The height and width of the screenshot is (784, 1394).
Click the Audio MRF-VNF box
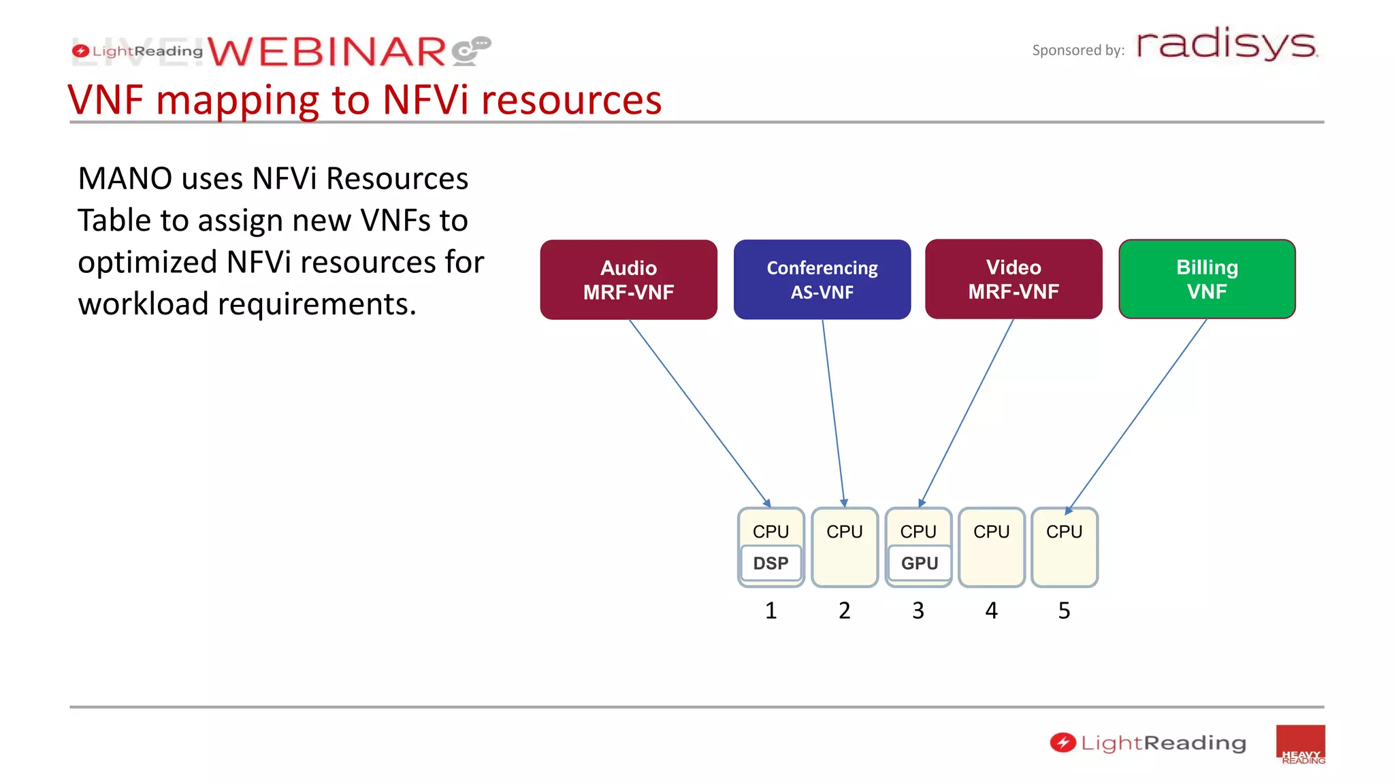(628, 280)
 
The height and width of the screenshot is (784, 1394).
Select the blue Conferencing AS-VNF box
(822, 280)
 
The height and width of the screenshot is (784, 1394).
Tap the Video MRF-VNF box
(1014, 279)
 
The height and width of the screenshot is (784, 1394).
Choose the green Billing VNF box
(1207, 279)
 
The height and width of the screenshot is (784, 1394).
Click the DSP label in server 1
(771, 563)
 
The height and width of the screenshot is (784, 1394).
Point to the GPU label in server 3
(919, 563)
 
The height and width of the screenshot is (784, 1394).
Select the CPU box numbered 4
(991, 547)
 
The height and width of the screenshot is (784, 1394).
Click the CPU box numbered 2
(844, 547)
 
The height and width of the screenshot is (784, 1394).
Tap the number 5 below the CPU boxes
(1064, 610)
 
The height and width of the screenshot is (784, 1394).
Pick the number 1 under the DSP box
(771, 610)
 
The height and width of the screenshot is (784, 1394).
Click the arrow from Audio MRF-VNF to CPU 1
(699, 412)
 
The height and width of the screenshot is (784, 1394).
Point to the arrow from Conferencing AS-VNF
(833, 412)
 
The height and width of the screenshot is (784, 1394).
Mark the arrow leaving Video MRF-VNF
(967, 412)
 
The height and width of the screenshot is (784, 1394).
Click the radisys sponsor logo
(1227, 45)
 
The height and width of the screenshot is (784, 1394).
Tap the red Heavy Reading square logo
(1300, 745)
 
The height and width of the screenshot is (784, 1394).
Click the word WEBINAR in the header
(327, 52)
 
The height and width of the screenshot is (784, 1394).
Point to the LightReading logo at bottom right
(1148, 742)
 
